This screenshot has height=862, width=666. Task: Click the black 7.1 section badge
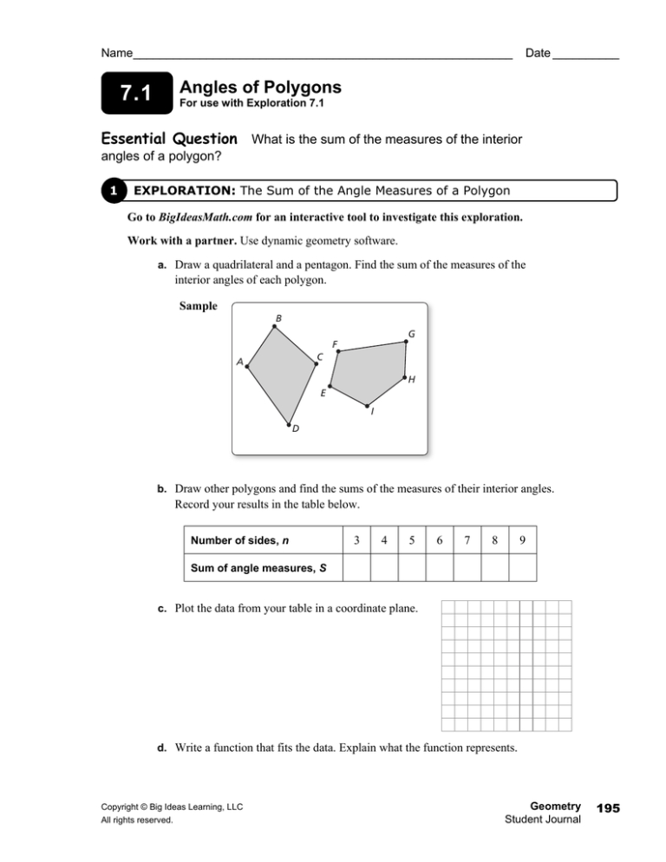point(134,95)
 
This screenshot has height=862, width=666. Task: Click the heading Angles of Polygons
point(259,88)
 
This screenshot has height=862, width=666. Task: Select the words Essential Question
point(169,139)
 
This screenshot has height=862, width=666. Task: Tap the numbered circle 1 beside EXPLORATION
point(114,190)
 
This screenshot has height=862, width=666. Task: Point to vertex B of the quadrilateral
point(275,327)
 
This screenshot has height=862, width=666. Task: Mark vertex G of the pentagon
point(406,342)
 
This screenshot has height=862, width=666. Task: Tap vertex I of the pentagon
point(367,405)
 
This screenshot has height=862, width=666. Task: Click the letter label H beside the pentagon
point(412,380)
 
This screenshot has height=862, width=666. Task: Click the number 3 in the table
point(356,540)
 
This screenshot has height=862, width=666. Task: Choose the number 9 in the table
point(522,540)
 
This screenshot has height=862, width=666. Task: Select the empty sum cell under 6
point(440,568)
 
